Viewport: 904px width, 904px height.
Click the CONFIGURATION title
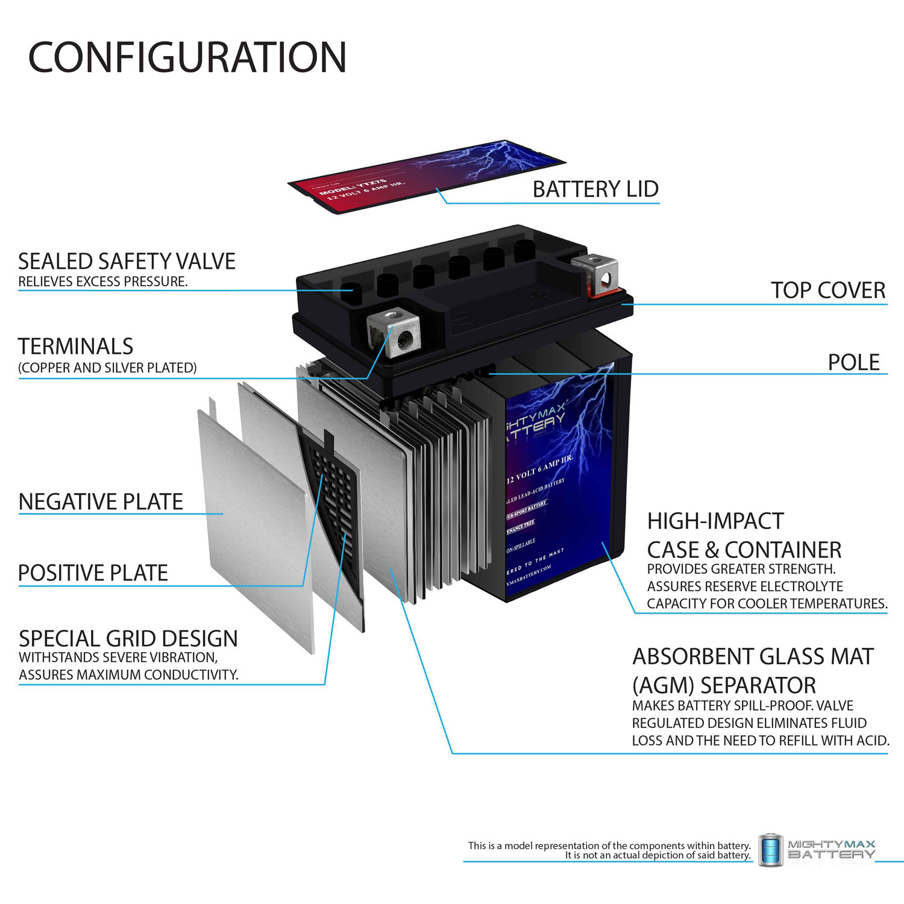pos(187,58)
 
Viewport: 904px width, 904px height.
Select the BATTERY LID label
pos(595,189)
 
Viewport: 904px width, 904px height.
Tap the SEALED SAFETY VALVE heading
pos(127,262)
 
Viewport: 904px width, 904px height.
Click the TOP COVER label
pos(827,290)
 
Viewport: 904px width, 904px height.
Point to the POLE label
pos(853,362)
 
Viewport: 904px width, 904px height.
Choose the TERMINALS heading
pos(75,347)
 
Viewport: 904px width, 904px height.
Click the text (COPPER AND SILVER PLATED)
pos(107,368)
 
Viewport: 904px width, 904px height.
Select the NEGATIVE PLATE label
pos(101,501)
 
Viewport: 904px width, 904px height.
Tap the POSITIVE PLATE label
pos(93,573)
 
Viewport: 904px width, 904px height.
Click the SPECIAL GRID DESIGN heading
pos(128,638)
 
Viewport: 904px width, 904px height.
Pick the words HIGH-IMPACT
pos(715,521)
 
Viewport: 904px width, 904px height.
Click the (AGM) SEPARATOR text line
pos(724,685)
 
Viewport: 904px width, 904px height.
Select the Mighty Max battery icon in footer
pos(771,850)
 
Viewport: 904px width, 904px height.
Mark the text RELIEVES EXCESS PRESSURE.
pos(102,281)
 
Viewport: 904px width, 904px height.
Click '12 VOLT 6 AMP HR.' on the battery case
pos(539,469)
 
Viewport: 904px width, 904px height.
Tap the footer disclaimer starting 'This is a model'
pos(609,850)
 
